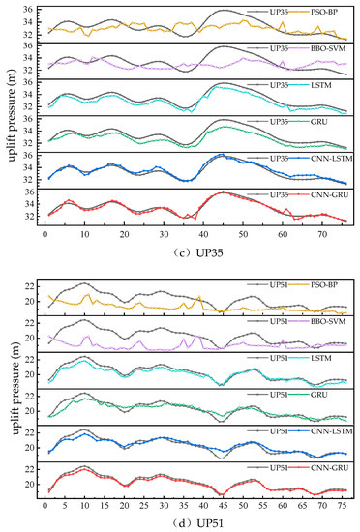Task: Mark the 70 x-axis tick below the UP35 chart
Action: (x=322, y=233)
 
